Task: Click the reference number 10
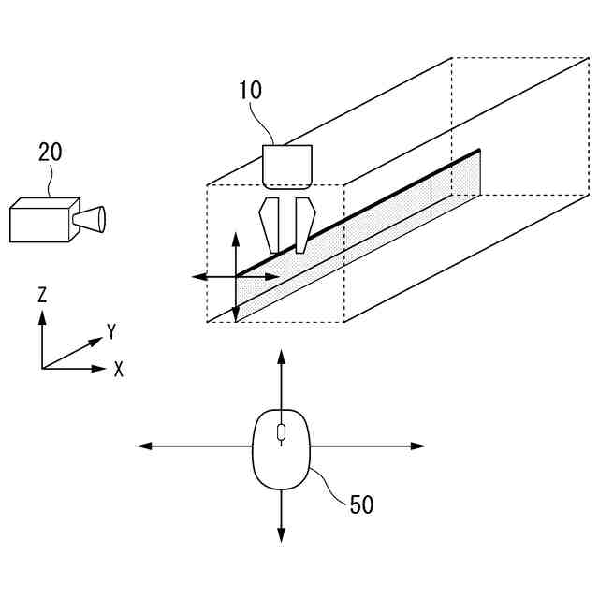tap(250, 91)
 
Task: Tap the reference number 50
tap(361, 504)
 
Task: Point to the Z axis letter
tap(42, 295)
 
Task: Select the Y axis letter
tap(111, 331)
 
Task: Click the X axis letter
tap(118, 369)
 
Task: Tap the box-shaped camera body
tap(42, 221)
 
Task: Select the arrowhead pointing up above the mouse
tap(281, 356)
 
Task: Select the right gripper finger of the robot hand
tap(302, 225)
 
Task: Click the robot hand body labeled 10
tap(286, 167)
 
